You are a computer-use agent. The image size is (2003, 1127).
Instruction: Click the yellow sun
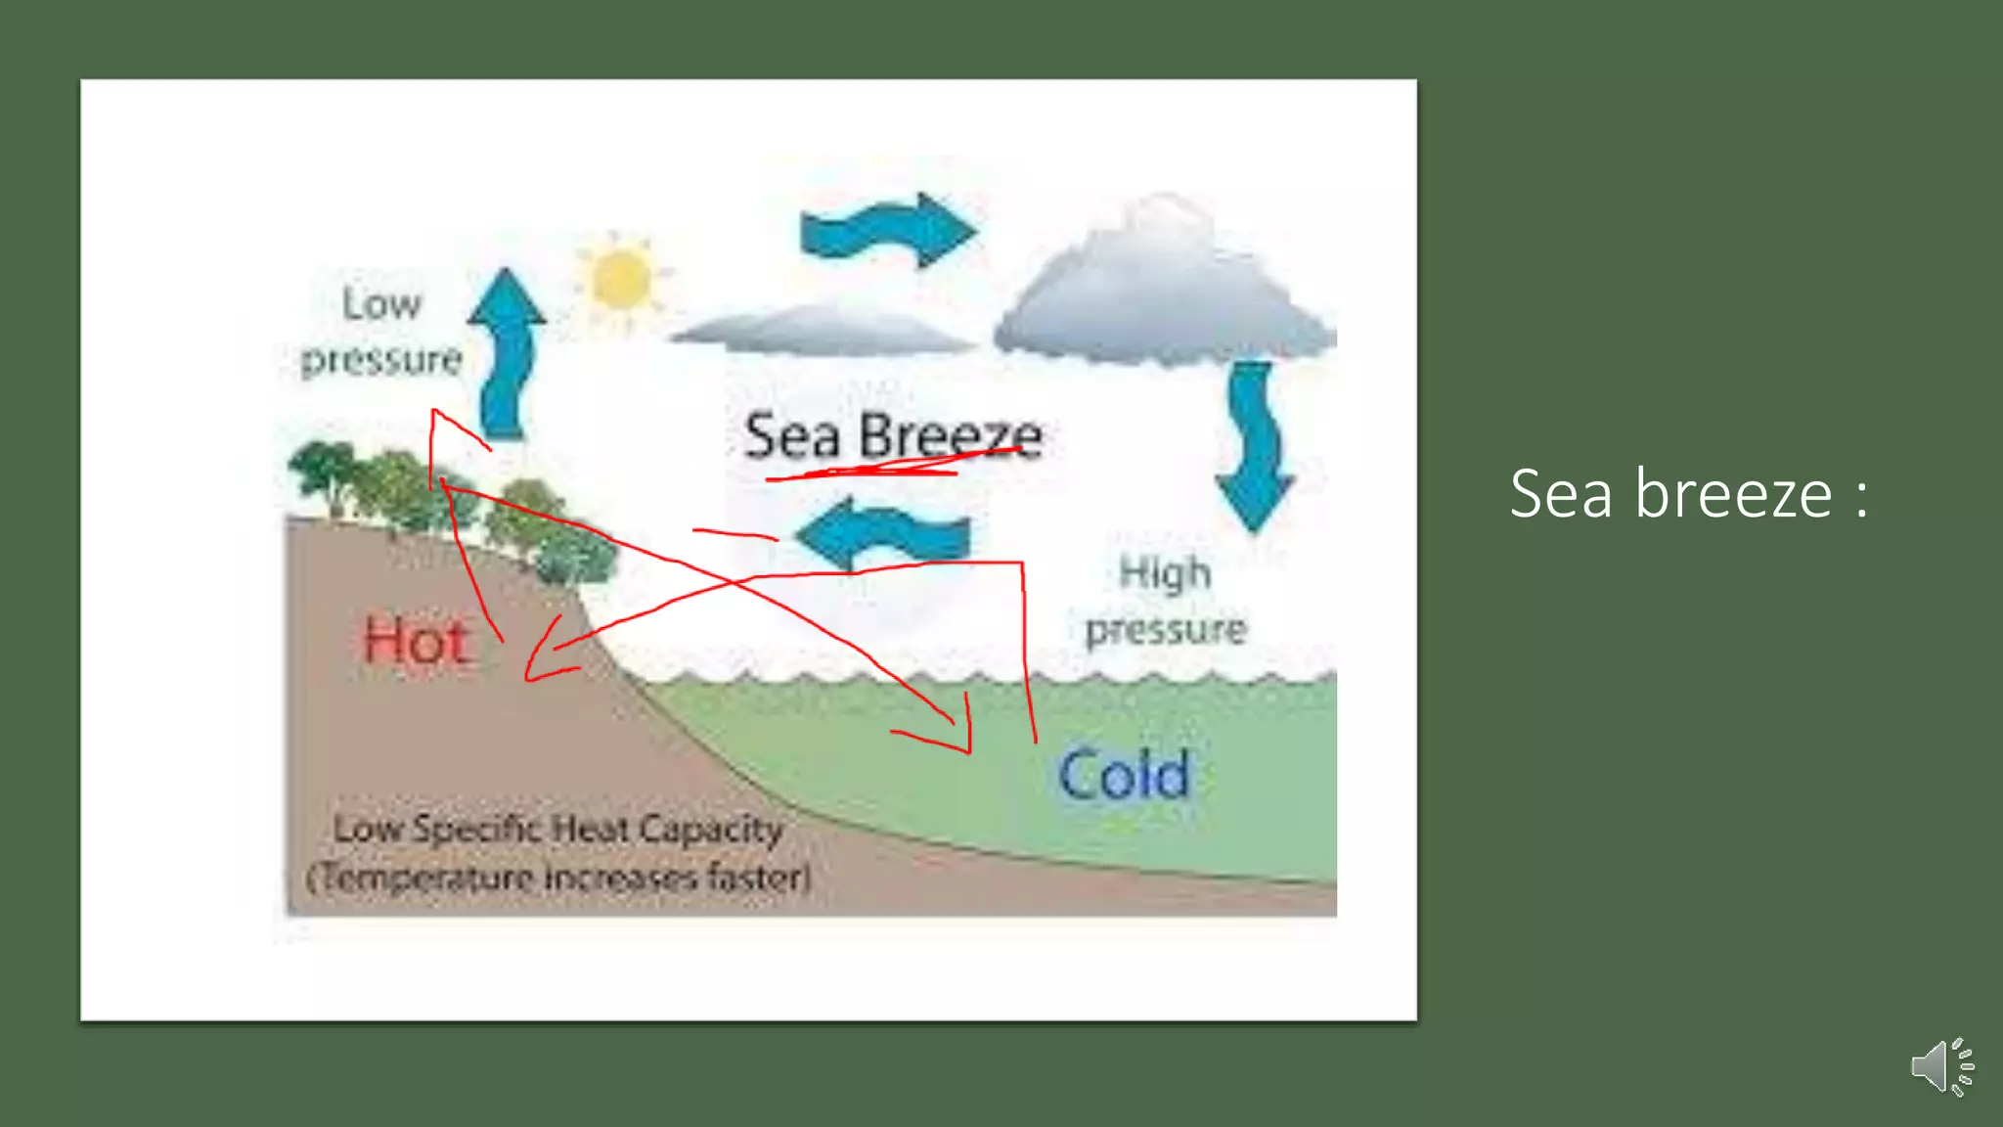click(620, 278)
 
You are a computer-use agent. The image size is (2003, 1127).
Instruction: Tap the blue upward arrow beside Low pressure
click(507, 352)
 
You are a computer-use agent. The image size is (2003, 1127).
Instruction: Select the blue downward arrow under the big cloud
click(1255, 445)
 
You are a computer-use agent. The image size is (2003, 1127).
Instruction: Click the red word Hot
click(417, 643)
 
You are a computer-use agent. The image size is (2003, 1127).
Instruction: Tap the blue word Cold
click(1125, 775)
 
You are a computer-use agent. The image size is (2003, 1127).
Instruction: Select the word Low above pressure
click(381, 304)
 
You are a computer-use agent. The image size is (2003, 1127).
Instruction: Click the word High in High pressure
click(1165, 573)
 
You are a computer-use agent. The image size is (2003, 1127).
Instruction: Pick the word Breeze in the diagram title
click(951, 436)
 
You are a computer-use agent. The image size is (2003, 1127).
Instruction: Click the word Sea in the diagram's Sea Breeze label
click(792, 436)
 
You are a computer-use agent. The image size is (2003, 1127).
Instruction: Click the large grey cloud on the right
click(1164, 289)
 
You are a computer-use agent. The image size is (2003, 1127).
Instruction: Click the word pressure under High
click(1166, 630)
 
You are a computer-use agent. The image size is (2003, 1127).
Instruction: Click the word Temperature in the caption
click(424, 878)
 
